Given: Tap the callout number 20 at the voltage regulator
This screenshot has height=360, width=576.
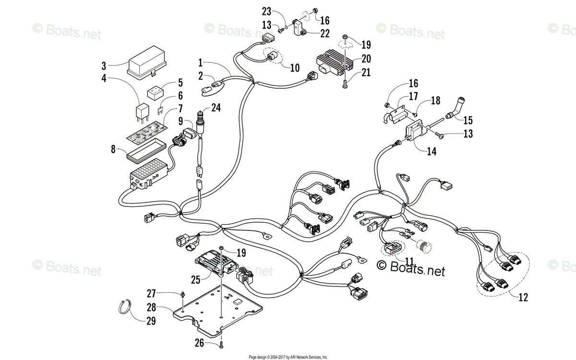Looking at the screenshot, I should pos(366,59).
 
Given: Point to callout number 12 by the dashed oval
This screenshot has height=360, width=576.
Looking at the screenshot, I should pos(523,298).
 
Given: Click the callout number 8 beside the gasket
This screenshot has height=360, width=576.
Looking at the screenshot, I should pos(113,149).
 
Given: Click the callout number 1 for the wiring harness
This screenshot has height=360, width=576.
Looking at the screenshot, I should pos(200,62).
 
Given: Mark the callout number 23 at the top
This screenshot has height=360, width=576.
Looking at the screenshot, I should pos(266,11).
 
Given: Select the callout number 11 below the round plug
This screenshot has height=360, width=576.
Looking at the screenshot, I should pos(409,261).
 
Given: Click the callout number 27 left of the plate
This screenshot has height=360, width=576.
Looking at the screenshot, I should pos(151,293).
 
